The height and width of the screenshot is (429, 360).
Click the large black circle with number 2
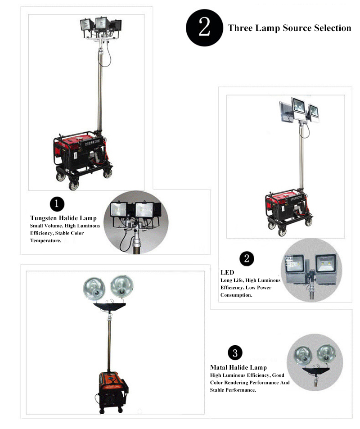[x=204, y=28]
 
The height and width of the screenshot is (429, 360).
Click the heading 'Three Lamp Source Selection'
[x=289, y=28]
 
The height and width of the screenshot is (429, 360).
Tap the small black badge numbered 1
[x=57, y=204]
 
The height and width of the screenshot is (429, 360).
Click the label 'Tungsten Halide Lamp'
[x=63, y=218]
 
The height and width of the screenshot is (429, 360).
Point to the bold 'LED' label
[x=227, y=272]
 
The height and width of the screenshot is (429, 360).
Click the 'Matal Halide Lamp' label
[x=238, y=367]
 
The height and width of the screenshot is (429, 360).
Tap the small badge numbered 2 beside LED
[x=247, y=258]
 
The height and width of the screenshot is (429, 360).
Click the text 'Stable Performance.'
[x=233, y=390]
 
